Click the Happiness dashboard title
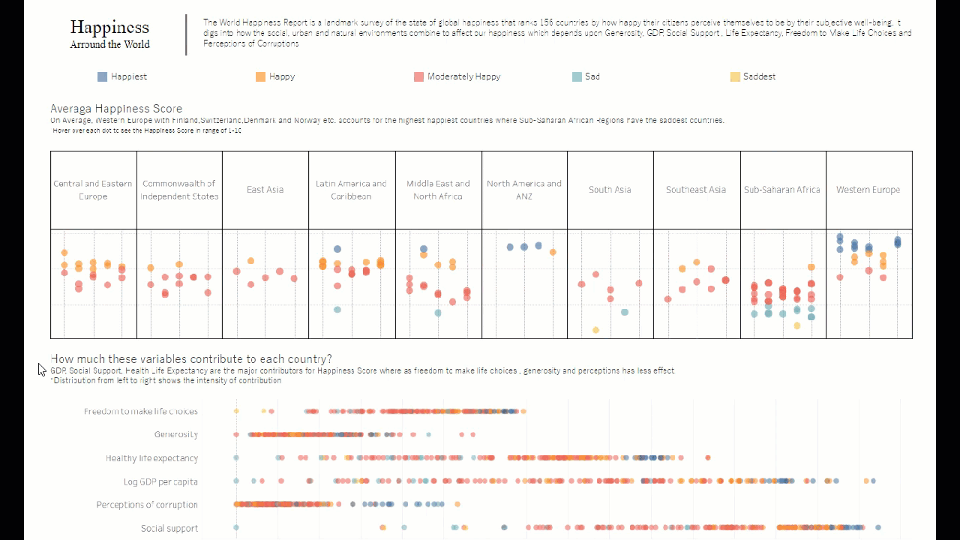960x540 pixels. [109, 28]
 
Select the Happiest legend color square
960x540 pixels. [102, 76]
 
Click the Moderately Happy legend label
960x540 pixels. [463, 76]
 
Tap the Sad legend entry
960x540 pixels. [586, 76]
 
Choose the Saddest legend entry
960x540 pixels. [752, 76]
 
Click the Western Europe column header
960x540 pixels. [868, 190]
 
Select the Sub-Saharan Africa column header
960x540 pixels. [782, 190]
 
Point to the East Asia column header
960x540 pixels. [265, 190]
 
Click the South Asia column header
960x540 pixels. [610, 190]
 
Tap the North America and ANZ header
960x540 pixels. [524, 190]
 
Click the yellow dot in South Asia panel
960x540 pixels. [595, 330]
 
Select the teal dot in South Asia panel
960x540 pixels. [625, 312]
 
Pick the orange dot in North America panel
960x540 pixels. [553, 252]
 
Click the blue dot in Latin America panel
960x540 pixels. [337, 249]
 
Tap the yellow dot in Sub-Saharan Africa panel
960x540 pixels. [796, 325]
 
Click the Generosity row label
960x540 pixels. [176, 434]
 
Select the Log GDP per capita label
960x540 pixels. [160, 481]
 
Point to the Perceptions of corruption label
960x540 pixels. [147, 505]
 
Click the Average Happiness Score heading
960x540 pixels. [116, 109]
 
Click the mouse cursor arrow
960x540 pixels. [41, 368]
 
